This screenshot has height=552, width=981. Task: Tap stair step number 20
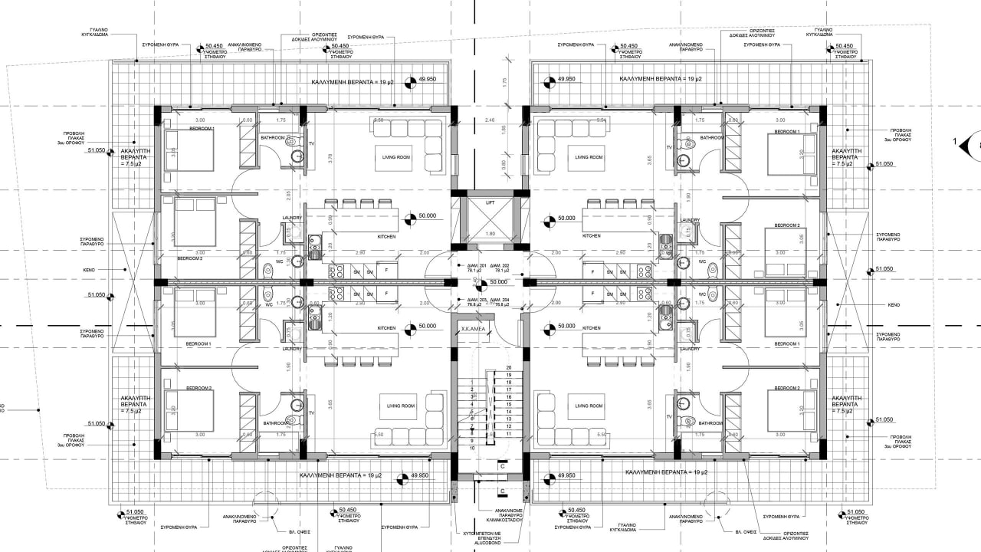pos(508,368)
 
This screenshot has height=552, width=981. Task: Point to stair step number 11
pos(508,434)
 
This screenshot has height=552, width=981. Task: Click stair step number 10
pos(472,448)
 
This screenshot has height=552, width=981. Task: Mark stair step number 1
pos(472,382)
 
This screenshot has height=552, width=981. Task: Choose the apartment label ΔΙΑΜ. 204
pos(502,300)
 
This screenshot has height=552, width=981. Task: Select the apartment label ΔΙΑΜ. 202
pos(502,264)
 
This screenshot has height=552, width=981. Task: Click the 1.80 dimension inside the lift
pos(491,234)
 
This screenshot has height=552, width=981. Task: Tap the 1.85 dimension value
pos(504,129)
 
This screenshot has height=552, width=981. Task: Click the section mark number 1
pos(955,142)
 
